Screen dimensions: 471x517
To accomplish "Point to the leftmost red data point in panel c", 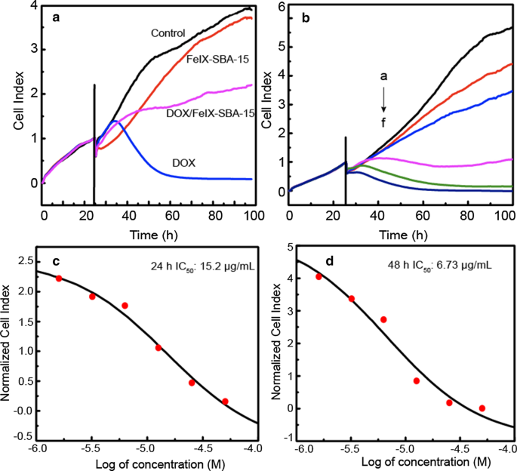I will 59,279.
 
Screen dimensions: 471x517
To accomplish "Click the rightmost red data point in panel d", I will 482,408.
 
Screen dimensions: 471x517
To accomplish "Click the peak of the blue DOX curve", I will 114,121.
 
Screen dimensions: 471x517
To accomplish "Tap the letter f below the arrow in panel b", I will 383,122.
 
